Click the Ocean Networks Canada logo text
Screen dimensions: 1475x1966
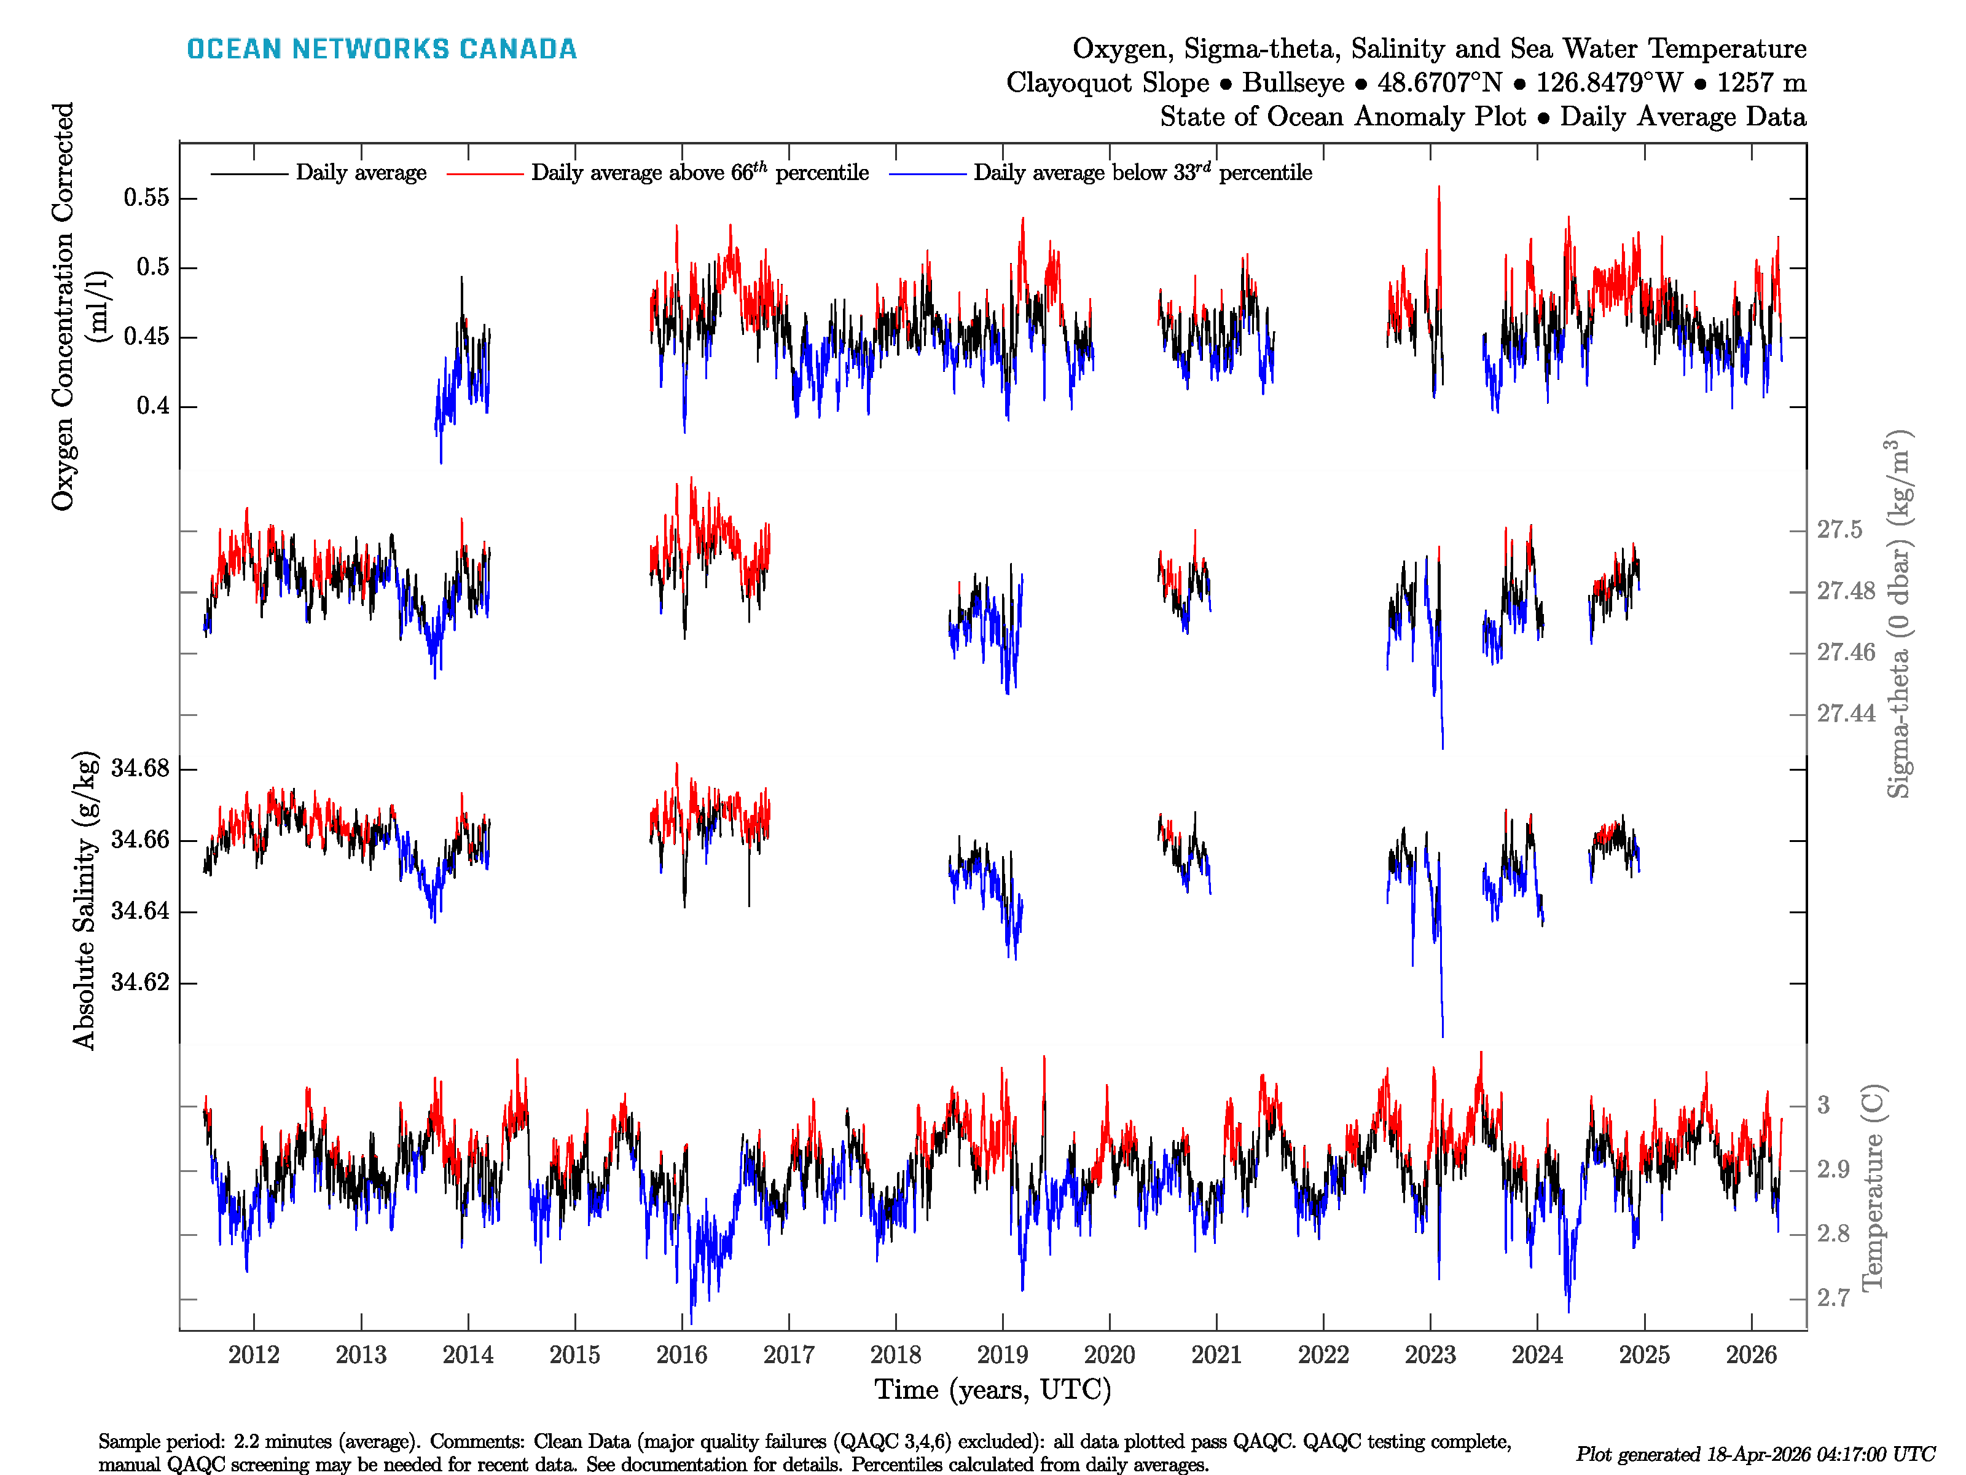pyautogui.click(x=382, y=49)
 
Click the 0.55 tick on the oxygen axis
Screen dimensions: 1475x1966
pyautogui.click(x=147, y=197)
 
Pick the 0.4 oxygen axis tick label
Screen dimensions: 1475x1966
pyautogui.click(x=153, y=406)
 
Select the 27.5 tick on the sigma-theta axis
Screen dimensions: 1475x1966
pyautogui.click(x=1839, y=530)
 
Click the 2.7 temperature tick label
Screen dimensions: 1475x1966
pyautogui.click(x=1833, y=1298)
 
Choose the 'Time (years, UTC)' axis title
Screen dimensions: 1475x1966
pyautogui.click(x=993, y=1390)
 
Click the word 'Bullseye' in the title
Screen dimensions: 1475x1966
pyautogui.click(x=1293, y=83)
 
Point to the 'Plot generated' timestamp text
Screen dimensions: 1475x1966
pyautogui.click(x=1755, y=1453)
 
